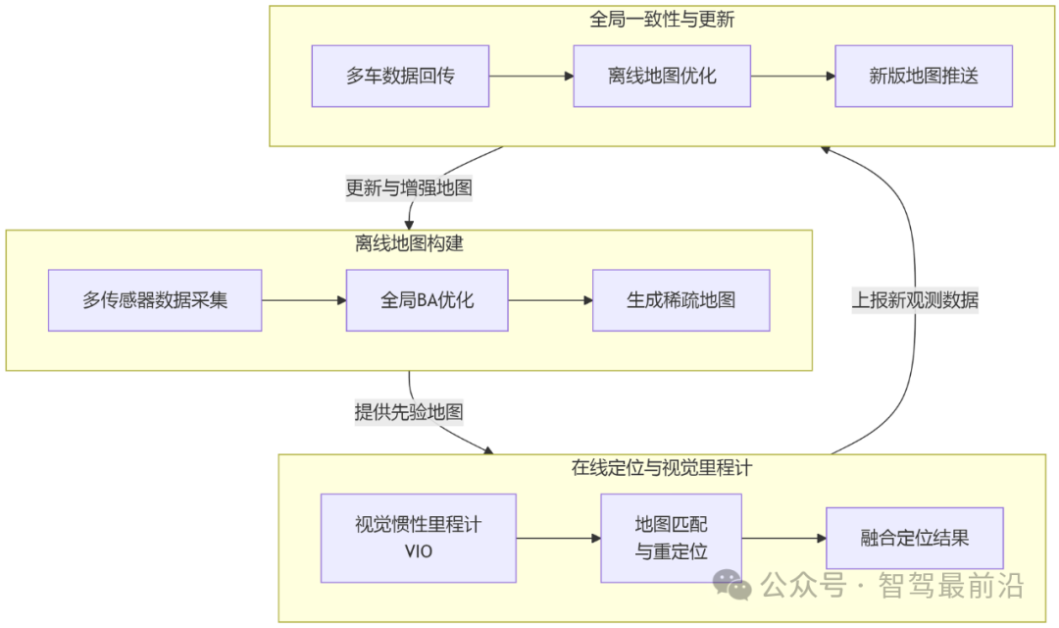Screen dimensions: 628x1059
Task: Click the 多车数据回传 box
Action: tap(400, 76)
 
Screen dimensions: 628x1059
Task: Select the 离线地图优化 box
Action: tap(662, 76)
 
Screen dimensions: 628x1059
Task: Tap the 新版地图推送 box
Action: tap(923, 76)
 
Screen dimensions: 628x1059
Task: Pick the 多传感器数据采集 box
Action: tap(155, 300)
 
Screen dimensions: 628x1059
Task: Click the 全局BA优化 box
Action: tap(427, 300)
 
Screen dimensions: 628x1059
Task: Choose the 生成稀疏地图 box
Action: tap(681, 300)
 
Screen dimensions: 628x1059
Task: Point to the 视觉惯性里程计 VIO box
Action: tap(418, 538)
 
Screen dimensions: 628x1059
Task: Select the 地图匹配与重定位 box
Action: tap(671, 538)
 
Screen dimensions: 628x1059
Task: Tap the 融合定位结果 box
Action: tap(914, 538)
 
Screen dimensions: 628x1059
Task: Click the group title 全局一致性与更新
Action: tap(662, 20)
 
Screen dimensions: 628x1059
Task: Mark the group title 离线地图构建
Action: tap(409, 243)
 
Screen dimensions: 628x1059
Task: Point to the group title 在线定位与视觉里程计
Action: tap(662, 468)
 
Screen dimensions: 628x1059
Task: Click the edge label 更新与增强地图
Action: tap(409, 187)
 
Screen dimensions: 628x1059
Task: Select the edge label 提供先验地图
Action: tap(409, 412)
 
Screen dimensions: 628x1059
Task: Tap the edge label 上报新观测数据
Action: tap(914, 300)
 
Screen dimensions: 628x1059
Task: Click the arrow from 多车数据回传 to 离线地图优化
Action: tap(531, 76)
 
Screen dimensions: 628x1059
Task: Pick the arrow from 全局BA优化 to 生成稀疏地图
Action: tap(550, 300)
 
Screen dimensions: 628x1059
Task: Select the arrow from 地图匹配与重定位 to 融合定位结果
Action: tap(783, 538)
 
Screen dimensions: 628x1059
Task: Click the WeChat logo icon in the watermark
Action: tap(732, 585)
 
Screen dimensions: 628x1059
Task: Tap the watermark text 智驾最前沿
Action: tap(953, 587)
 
